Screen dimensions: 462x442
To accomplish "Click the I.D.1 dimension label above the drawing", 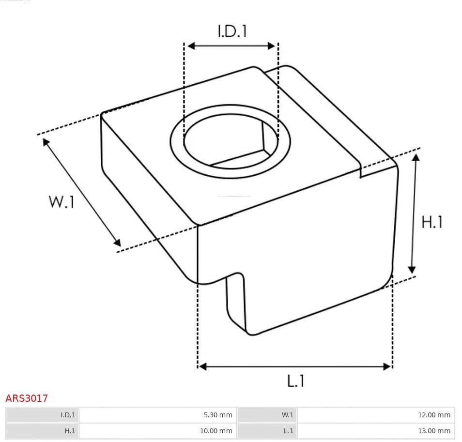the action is (x=232, y=31).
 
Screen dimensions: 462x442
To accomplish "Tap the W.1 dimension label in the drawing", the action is (x=62, y=202).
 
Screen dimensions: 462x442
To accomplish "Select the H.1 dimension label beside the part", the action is (x=432, y=222).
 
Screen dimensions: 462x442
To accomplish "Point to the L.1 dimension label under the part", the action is (x=295, y=381).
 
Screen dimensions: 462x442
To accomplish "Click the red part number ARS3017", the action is (x=27, y=398).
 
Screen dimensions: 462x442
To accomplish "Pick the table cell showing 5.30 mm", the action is (x=158, y=415).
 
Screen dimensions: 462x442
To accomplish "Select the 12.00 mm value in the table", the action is (x=376, y=415).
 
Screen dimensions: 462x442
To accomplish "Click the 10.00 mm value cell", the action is (x=158, y=431).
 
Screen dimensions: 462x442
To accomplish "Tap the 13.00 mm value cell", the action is (x=376, y=431).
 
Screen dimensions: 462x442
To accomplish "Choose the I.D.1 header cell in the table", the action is (x=42, y=415).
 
